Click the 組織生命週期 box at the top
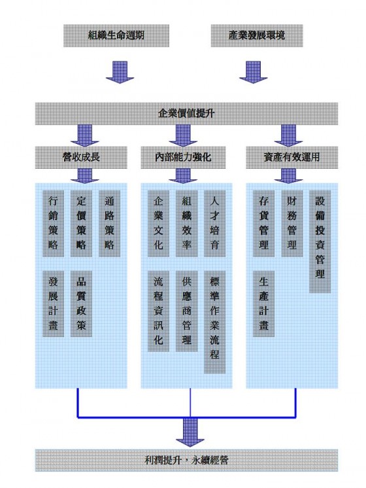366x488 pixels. [116, 36]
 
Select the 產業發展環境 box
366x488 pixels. [257, 36]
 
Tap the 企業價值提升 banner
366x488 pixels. [186, 114]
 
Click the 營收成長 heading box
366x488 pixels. [81, 158]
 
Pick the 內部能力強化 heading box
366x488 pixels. [183, 158]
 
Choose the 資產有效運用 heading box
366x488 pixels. [291, 158]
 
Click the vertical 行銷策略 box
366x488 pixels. [53, 224]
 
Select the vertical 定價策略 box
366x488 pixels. [81, 224]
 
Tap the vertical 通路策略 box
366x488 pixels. [109, 224]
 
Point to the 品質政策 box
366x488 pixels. [81, 304]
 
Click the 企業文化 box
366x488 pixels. [158, 224]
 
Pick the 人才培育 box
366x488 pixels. [214, 224]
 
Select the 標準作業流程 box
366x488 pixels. [214, 322]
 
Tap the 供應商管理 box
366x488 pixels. [186, 311]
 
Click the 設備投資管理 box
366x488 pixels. [320, 242]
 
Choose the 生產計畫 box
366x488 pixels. [263, 304]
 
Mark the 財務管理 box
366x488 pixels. [292, 224]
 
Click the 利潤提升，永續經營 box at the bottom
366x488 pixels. [186, 461]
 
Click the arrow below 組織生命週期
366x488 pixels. [120, 72]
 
